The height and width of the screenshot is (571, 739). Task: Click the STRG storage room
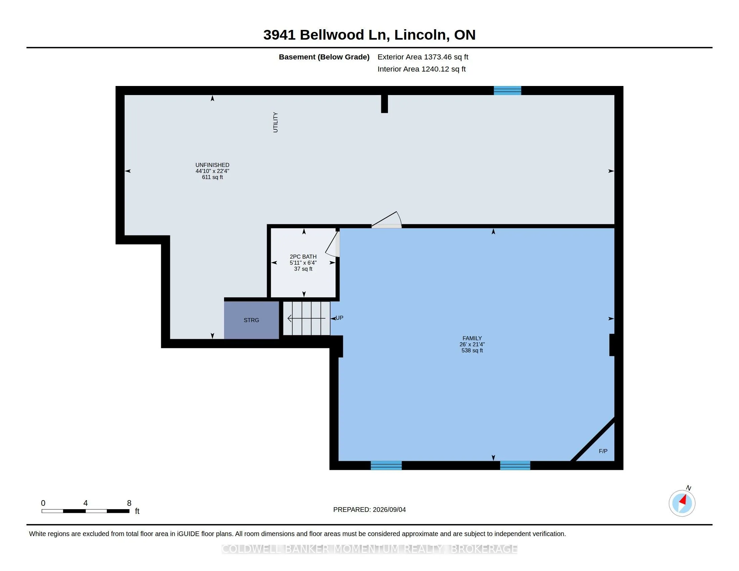251,320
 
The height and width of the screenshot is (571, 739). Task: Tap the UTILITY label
275,123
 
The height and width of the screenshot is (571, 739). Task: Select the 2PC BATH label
303,257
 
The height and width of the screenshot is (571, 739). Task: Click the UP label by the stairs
339,318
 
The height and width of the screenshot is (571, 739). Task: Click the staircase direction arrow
307,318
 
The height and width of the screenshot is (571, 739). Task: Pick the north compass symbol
682,503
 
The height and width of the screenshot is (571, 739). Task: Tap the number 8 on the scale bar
129,503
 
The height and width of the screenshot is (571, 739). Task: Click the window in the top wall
507,90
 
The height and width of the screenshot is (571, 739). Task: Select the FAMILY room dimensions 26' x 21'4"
472,344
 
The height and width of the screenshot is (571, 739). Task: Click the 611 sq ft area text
213,177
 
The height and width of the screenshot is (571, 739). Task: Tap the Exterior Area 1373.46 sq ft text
423,57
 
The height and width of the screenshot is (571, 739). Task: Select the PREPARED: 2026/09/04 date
369,510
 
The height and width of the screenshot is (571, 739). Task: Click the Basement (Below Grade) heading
324,57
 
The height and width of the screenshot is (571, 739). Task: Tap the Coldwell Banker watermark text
369,549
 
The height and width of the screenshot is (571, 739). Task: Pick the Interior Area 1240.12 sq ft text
422,69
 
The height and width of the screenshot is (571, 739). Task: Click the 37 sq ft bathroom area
303,269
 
